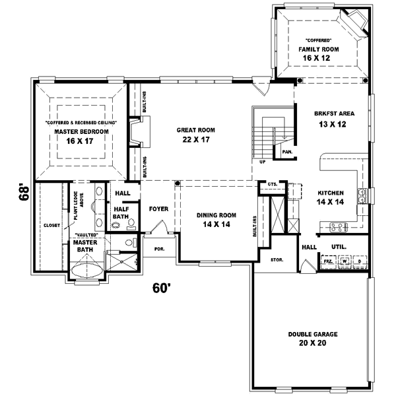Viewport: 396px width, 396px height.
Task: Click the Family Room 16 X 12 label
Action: (x=317, y=53)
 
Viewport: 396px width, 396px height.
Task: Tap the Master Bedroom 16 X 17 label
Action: (x=76, y=135)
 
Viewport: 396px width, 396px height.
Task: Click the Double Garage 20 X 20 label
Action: (x=312, y=339)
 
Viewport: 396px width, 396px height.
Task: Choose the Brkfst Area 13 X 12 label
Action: (x=330, y=118)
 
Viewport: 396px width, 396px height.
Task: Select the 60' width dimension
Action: (x=163, y=288)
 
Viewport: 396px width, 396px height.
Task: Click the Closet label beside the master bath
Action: (x=52, y=225)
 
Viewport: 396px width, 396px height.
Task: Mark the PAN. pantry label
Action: (x=287, y=152)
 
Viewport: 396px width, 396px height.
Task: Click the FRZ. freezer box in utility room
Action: (x=328, y=262)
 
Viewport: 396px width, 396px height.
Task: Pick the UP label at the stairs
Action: (x=263, y=161)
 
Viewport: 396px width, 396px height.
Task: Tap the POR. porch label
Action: (x=159, y=249)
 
